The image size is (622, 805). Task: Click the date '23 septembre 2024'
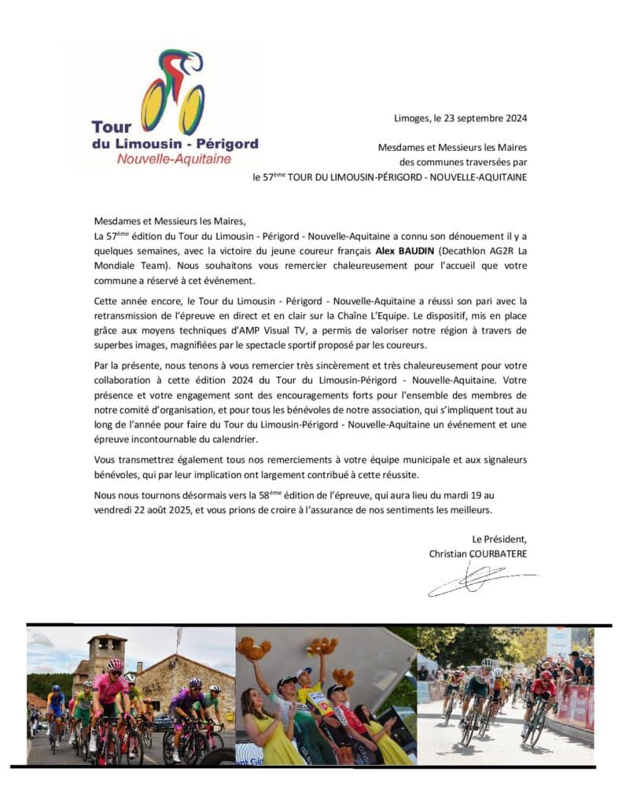[482, 119]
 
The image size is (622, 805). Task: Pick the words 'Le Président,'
[499, 539]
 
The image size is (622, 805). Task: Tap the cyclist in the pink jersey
[109, 692]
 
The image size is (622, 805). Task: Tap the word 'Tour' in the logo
[112, 127]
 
